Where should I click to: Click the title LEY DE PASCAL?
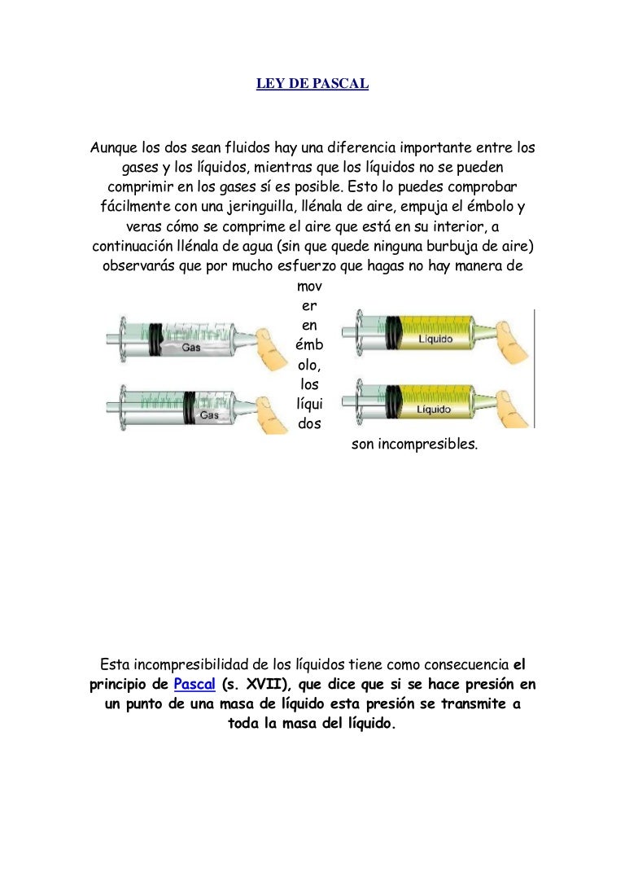tap(312, 83)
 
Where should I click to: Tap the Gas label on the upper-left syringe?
tap(192, 348)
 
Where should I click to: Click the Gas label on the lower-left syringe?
tap(209, 414)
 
